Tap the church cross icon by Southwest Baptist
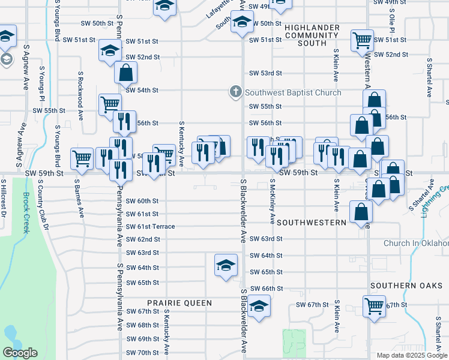click(235, 92)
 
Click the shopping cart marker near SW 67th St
click(374, 305)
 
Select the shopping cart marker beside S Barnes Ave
click(82, 158)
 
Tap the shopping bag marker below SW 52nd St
click(125, 73)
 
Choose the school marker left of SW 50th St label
click(242, 23)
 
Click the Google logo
click(20, 353)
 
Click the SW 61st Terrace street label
click(151, 226)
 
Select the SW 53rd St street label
click(266, 73)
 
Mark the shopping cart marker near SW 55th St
click(110, 104)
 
